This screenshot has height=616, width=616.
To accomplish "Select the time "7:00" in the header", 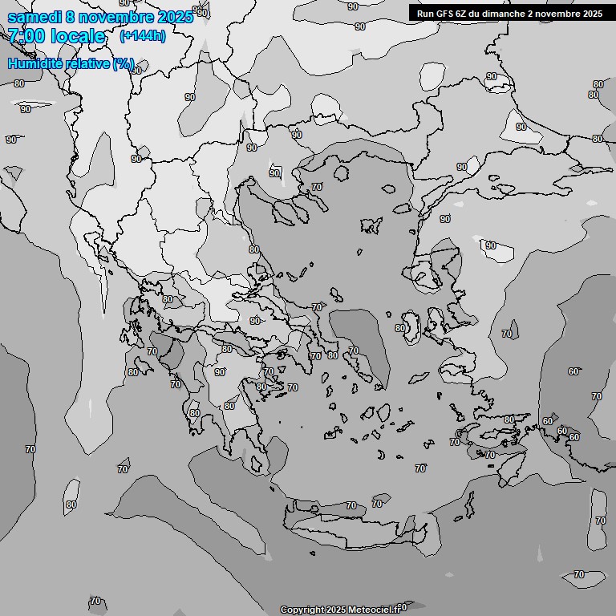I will point(26,36).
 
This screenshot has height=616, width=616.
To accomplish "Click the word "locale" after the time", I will point(78,36).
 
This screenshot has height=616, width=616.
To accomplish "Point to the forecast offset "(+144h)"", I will point(142,36).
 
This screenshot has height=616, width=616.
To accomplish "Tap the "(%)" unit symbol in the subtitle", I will point(124,63).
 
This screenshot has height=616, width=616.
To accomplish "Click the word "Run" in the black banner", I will point(426,13).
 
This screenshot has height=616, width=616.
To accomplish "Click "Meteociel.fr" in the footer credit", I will point(375,610).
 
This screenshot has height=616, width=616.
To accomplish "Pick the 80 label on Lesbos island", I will point(400,328).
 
